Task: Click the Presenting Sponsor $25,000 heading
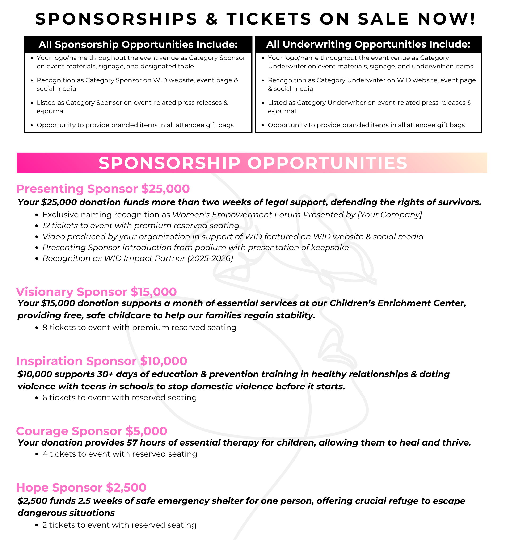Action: [x=103, y=189]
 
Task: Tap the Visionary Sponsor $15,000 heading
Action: [x=96, y=292]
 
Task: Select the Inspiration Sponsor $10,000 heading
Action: [x=101, y=361]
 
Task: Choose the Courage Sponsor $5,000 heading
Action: [x=91, y=431]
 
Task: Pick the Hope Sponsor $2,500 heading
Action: [x=81, y=488]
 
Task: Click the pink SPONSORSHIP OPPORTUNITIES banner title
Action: [x=253, y=163]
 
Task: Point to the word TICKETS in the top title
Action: [x=269, y=19]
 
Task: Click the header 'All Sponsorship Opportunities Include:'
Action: [x=138, y=44]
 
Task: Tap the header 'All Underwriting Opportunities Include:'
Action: [x=368, y=44]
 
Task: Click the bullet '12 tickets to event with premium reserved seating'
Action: [x=141, y=226]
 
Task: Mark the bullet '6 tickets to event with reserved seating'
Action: [x=119, y=397]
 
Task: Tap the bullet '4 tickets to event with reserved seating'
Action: [x=120, y=454]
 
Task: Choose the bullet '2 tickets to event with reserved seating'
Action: [x=119, y=525]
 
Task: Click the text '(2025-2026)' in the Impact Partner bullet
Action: [x=210, y=258]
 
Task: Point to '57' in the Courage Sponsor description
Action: [x=132, y=443]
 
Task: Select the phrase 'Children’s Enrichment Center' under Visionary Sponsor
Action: [x=398, y=303]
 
